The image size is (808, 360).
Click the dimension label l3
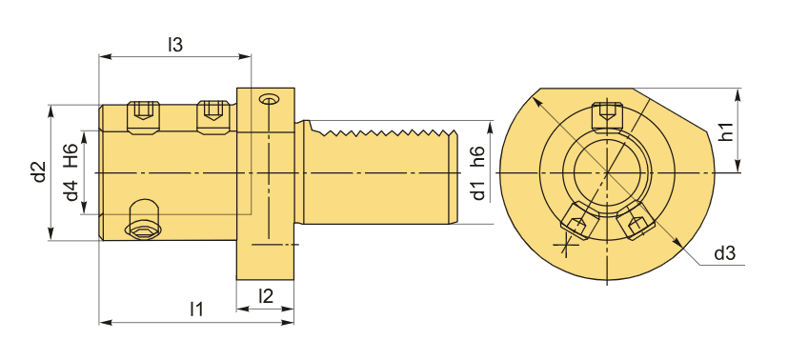tap(175, 45)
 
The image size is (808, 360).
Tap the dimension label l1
tap(196, 309)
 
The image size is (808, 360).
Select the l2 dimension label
tap(266, 295)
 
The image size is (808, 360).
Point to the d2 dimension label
tap(39, 172)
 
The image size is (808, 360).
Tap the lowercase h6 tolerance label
tap(477, 156)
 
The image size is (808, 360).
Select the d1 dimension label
tap(478, 190)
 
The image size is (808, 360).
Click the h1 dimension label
tap(726, 130)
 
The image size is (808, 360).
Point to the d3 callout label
tap(724, 253)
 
